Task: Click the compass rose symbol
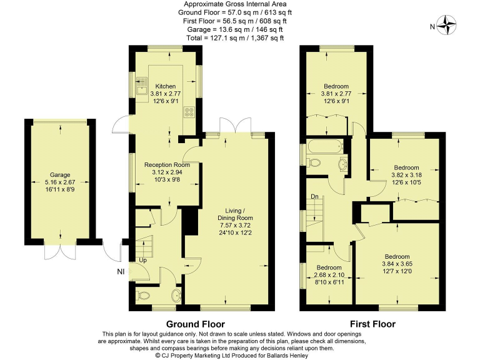(447, 26)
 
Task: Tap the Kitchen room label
(166, 86)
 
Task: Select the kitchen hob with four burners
(187, 112)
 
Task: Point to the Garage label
(60, 175)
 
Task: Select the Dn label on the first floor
(316, 197)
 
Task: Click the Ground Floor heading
(194, 324)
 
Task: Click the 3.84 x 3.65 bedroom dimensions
(396, 264)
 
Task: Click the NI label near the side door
(121, 272)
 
